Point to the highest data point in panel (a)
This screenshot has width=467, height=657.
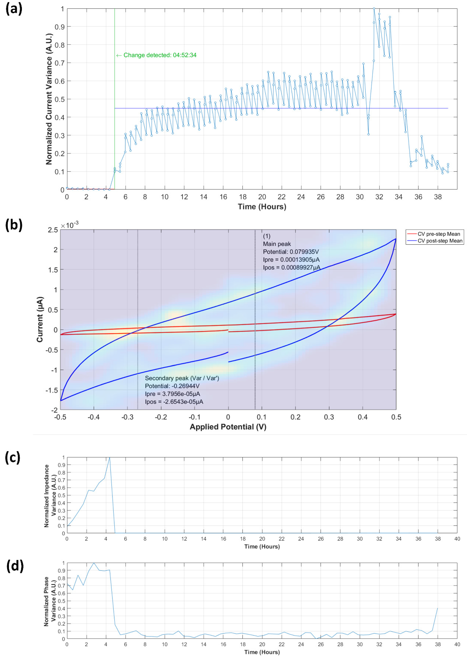tap(374, 9)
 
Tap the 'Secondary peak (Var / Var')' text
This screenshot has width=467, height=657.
tap(182, 378)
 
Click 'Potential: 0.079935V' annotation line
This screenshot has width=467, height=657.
tap(291, 252)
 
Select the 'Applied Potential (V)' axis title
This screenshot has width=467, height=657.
tap(228, 427)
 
